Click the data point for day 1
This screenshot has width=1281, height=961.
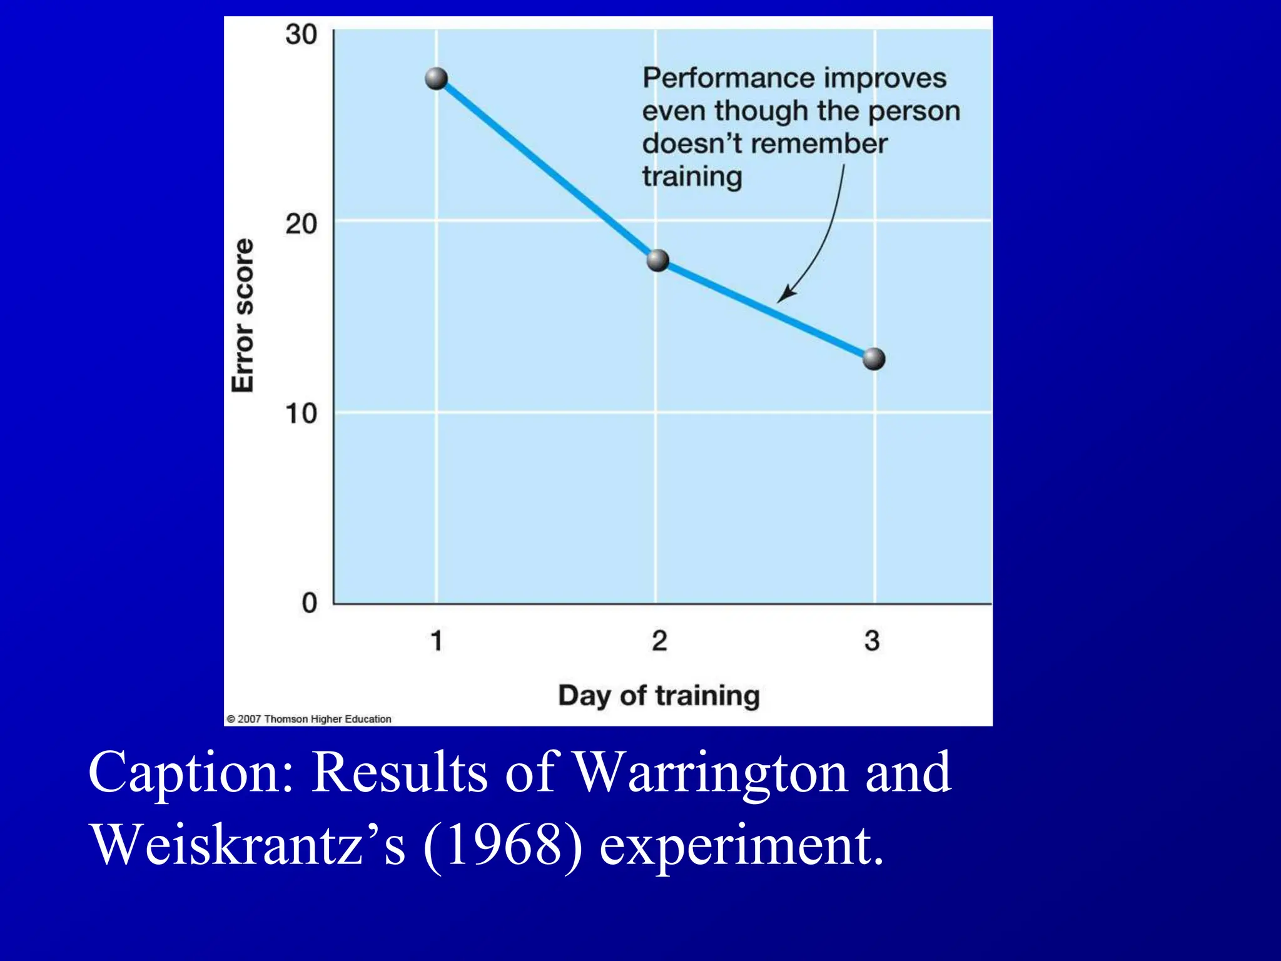436,79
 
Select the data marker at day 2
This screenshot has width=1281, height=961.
657,260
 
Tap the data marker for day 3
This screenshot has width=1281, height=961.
874,359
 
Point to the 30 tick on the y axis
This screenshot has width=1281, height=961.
301,34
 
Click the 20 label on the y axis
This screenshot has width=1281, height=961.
301,224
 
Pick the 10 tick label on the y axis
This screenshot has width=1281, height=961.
301,414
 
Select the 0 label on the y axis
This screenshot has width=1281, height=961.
310,604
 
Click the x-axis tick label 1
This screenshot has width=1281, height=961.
437,641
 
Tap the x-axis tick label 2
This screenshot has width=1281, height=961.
659,641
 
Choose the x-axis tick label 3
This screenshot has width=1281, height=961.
872,641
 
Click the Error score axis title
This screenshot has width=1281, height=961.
243,315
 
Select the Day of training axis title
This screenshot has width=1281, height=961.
659,696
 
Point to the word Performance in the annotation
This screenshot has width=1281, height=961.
727,79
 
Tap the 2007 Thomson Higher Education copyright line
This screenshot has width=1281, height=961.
309,719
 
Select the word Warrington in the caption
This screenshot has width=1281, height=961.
711,773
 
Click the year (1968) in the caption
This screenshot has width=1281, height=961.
503,845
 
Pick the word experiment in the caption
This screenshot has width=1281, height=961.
741,845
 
